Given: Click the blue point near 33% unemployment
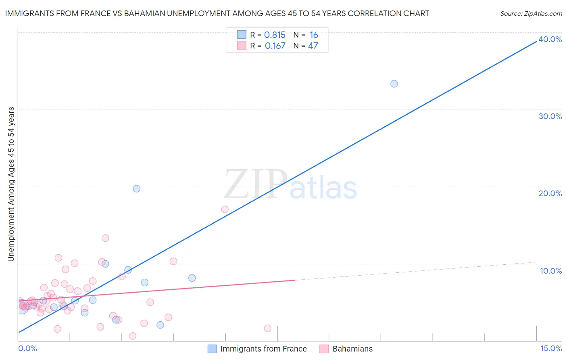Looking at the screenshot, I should coord(394,84).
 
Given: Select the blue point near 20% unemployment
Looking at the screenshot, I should coord(137,188).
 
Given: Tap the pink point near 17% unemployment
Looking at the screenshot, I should coord(225,209).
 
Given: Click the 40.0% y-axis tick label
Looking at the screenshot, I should coord(550,39).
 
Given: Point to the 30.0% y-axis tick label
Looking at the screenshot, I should coord(550,116).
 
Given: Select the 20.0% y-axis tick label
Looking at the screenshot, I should coord(550,193).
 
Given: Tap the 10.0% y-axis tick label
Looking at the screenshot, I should coord(551,271).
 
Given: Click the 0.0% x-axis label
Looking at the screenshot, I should coord(27,348).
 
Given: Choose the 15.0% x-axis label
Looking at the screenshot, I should coord(551,348).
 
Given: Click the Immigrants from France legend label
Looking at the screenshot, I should coord(263,349).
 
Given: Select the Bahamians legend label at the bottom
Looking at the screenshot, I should coord(352,349).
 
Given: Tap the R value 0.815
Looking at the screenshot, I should coord(275,35).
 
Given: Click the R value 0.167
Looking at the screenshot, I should coord(275,46).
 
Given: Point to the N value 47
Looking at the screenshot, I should coord(313,46).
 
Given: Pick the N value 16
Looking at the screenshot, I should coord(313,35).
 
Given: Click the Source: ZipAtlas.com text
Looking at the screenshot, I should coord(531,14).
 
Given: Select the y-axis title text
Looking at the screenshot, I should coord(11,184).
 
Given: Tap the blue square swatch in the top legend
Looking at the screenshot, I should coord(242,35).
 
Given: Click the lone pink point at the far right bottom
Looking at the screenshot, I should coord(267,328).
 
